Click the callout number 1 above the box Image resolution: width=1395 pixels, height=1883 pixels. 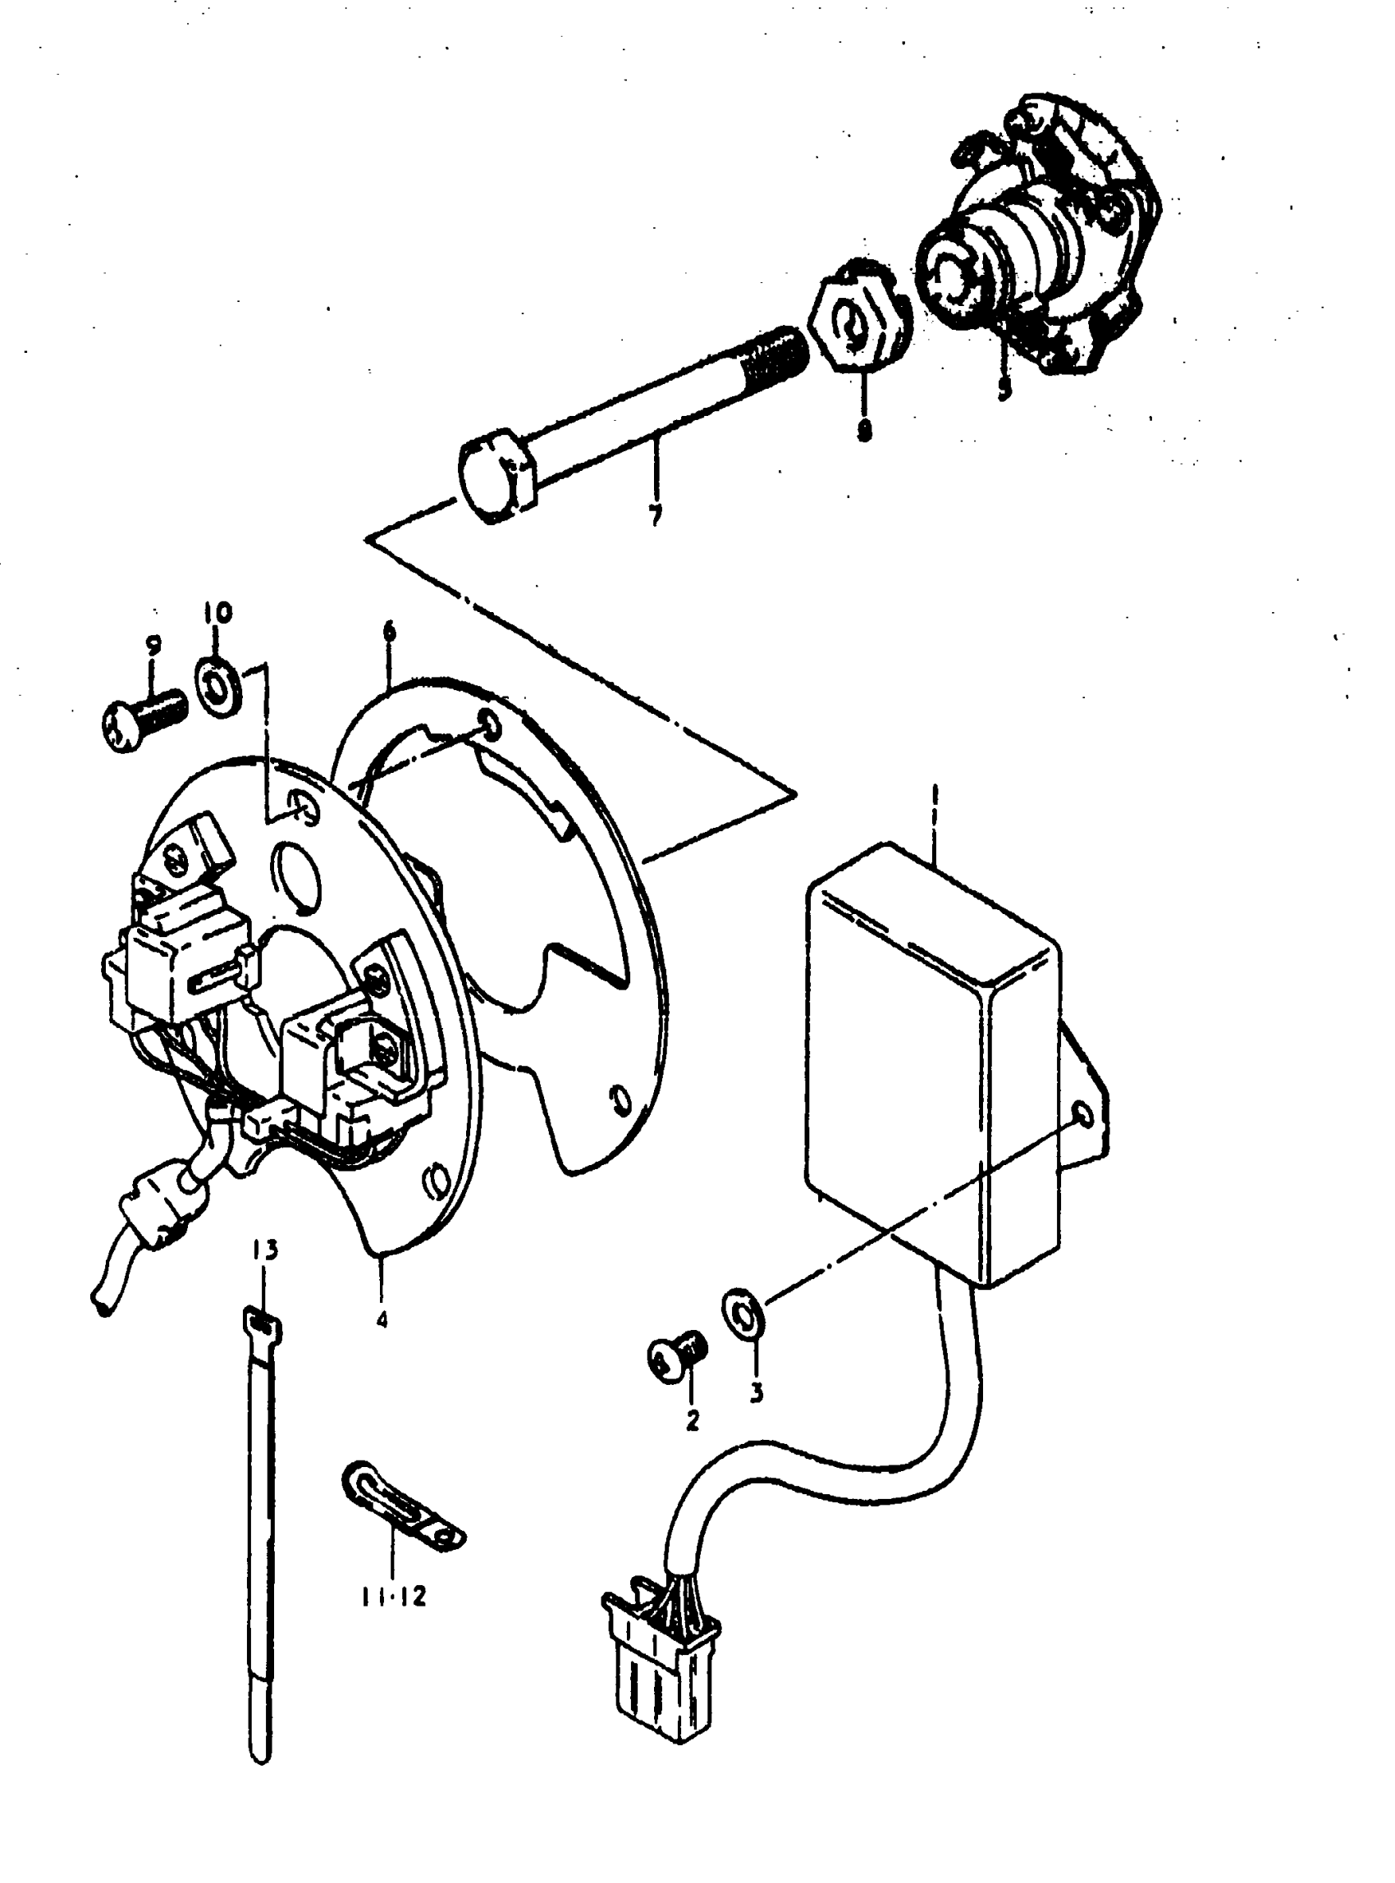[934, 798]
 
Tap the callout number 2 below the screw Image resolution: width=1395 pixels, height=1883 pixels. [692, 1420]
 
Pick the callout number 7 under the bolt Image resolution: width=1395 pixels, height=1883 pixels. [656, 515]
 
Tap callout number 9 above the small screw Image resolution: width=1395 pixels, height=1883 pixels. [153, 646]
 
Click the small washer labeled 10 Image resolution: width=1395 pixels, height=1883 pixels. [221, 688]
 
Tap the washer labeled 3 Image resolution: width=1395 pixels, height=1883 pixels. [744, 1314]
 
